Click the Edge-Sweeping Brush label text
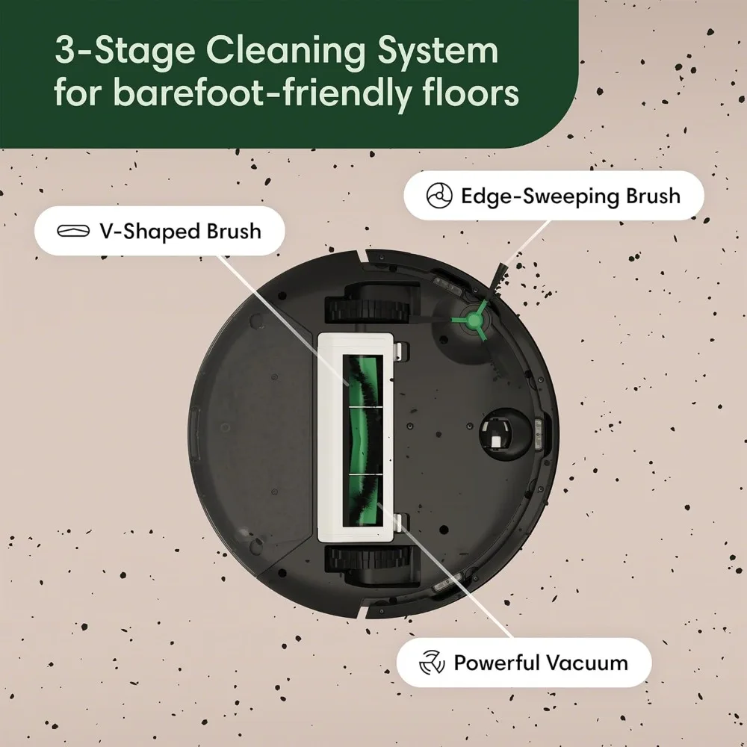(570, 196)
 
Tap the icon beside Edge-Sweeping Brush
(438, 196)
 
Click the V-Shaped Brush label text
(180, 231)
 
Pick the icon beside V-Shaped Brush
(73, 231)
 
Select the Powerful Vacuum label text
(541, 663)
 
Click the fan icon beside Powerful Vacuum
(432, 663)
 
